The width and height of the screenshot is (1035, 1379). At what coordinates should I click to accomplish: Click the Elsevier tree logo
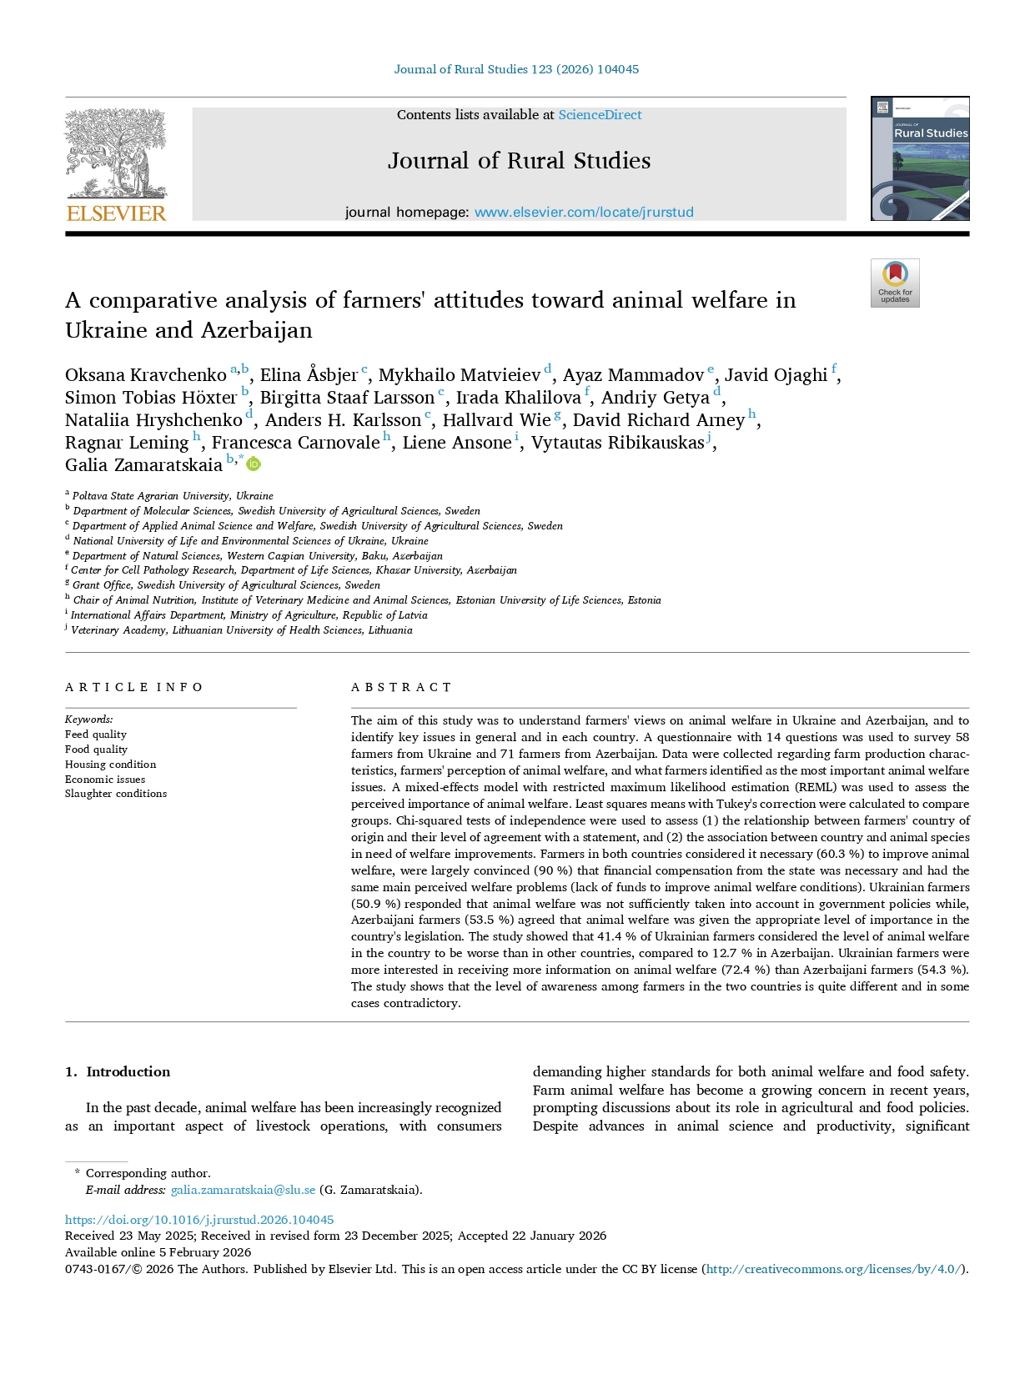pyautogui.click(x=116, y=165)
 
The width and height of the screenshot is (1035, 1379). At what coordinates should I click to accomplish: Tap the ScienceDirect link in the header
pyautogui.click(x=600, y=115)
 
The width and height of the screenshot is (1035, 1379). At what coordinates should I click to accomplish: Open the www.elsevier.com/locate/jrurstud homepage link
pyautogui.click(x=584, y=213)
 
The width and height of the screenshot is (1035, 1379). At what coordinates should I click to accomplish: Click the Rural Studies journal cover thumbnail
pyautogui.click(x=920, y=158)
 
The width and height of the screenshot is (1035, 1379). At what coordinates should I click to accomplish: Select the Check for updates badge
pyautogui.click(x=895, y=283)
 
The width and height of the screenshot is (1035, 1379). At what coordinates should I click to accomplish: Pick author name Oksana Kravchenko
pyautogui.click(x=145, y=375)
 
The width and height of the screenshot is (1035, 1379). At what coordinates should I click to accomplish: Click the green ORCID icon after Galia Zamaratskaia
pyautogui.click(x=254, y=464)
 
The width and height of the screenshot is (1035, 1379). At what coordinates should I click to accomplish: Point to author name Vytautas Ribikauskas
pyautogui.click(x=617, y=443)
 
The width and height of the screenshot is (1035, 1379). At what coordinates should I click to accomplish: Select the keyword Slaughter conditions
pyautogui.click(x=116, y=794)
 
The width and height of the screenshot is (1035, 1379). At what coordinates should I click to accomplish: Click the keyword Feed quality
pyautogui.click(x=96, y=735)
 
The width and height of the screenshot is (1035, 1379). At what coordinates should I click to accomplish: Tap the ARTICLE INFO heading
pyautogui.click(x=134, y=687)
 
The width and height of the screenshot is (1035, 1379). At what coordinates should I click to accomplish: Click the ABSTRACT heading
pyautogui.click(x=401, y=687)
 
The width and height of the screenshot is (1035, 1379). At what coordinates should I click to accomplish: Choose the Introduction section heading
pyautogui.click(x=128, y=1072)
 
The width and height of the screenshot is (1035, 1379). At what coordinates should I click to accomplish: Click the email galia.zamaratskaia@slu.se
pyautogui.click(x=243, y=1190)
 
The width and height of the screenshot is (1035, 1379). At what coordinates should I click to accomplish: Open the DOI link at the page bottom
pyautogui.click(x=199, y=1219)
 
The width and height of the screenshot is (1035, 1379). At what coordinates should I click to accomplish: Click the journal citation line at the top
pyautogui.click(x=516, y=69)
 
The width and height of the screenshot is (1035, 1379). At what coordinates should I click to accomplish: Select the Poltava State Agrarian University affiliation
pyautogui.click(x=173, y=495)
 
